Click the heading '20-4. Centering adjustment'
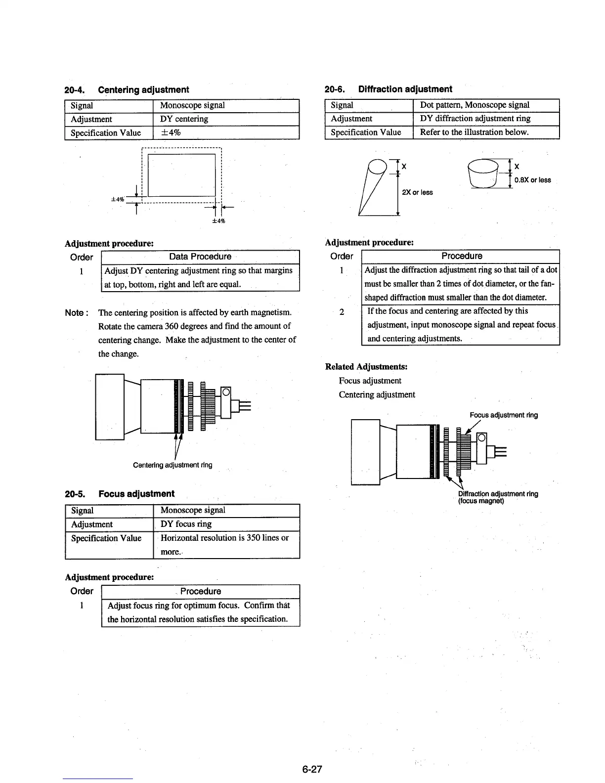tap(127, 89)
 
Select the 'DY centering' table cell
tap(184, 119)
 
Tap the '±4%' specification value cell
tap(171, 132)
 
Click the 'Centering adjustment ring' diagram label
tap(173, 465)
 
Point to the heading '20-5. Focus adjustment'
tap(120, 494)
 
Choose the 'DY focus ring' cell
tap(186, 524)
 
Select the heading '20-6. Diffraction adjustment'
tap(388, 89)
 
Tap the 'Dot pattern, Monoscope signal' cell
tap(475, 105)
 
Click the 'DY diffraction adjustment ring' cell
tap(475, 119)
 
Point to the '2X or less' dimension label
tap(417, 192)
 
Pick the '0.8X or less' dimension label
tap(532, 180)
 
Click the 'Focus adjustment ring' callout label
tap(504, 415)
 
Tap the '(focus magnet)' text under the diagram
tap(481, 501)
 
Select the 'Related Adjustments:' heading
tap(366, 367)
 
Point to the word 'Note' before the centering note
tap(75, 313)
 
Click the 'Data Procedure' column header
tap(200, 257)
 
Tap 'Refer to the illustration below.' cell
tap(474, 132)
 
